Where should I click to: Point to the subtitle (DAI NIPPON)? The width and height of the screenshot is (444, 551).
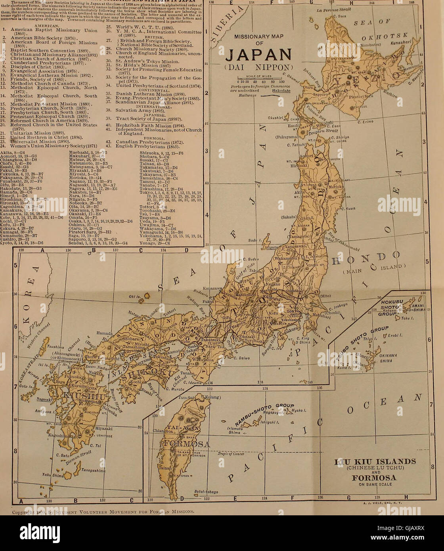tap(259, 67)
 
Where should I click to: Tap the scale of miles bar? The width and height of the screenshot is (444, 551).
tap(259, 78)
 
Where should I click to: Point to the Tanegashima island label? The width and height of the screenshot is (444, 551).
tap(94, 471)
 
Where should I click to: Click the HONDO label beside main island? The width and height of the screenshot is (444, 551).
tap(365, 258)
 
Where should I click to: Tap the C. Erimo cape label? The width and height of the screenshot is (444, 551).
tap(365, 122)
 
